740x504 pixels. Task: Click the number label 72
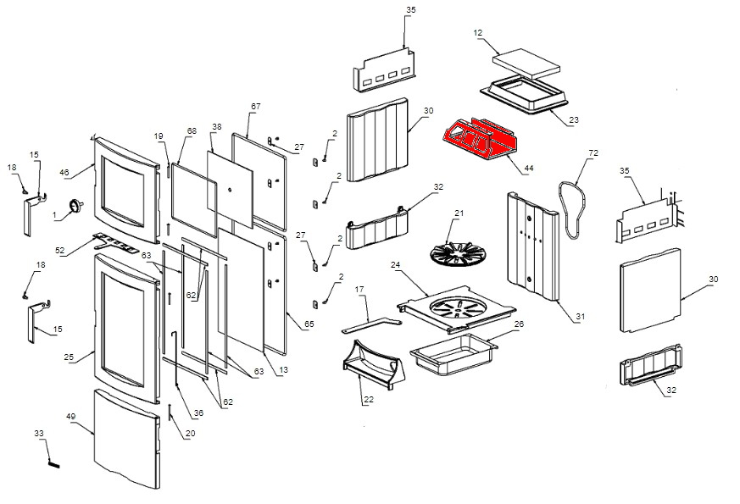tap(593, 152)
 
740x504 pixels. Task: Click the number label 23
tap(574, 120)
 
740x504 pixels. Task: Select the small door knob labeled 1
tap(77, 205)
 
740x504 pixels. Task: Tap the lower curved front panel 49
tap(125, 440)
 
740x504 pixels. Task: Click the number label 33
tap(39, 434)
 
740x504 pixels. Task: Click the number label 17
tap(359, 291)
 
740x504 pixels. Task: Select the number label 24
tap(395, 264)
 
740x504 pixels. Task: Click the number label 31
tap(580, 317)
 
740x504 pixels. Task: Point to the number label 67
tap(254, 106)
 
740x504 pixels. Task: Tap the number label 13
tap(283, 370)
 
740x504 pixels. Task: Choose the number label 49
tap(71, 416)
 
